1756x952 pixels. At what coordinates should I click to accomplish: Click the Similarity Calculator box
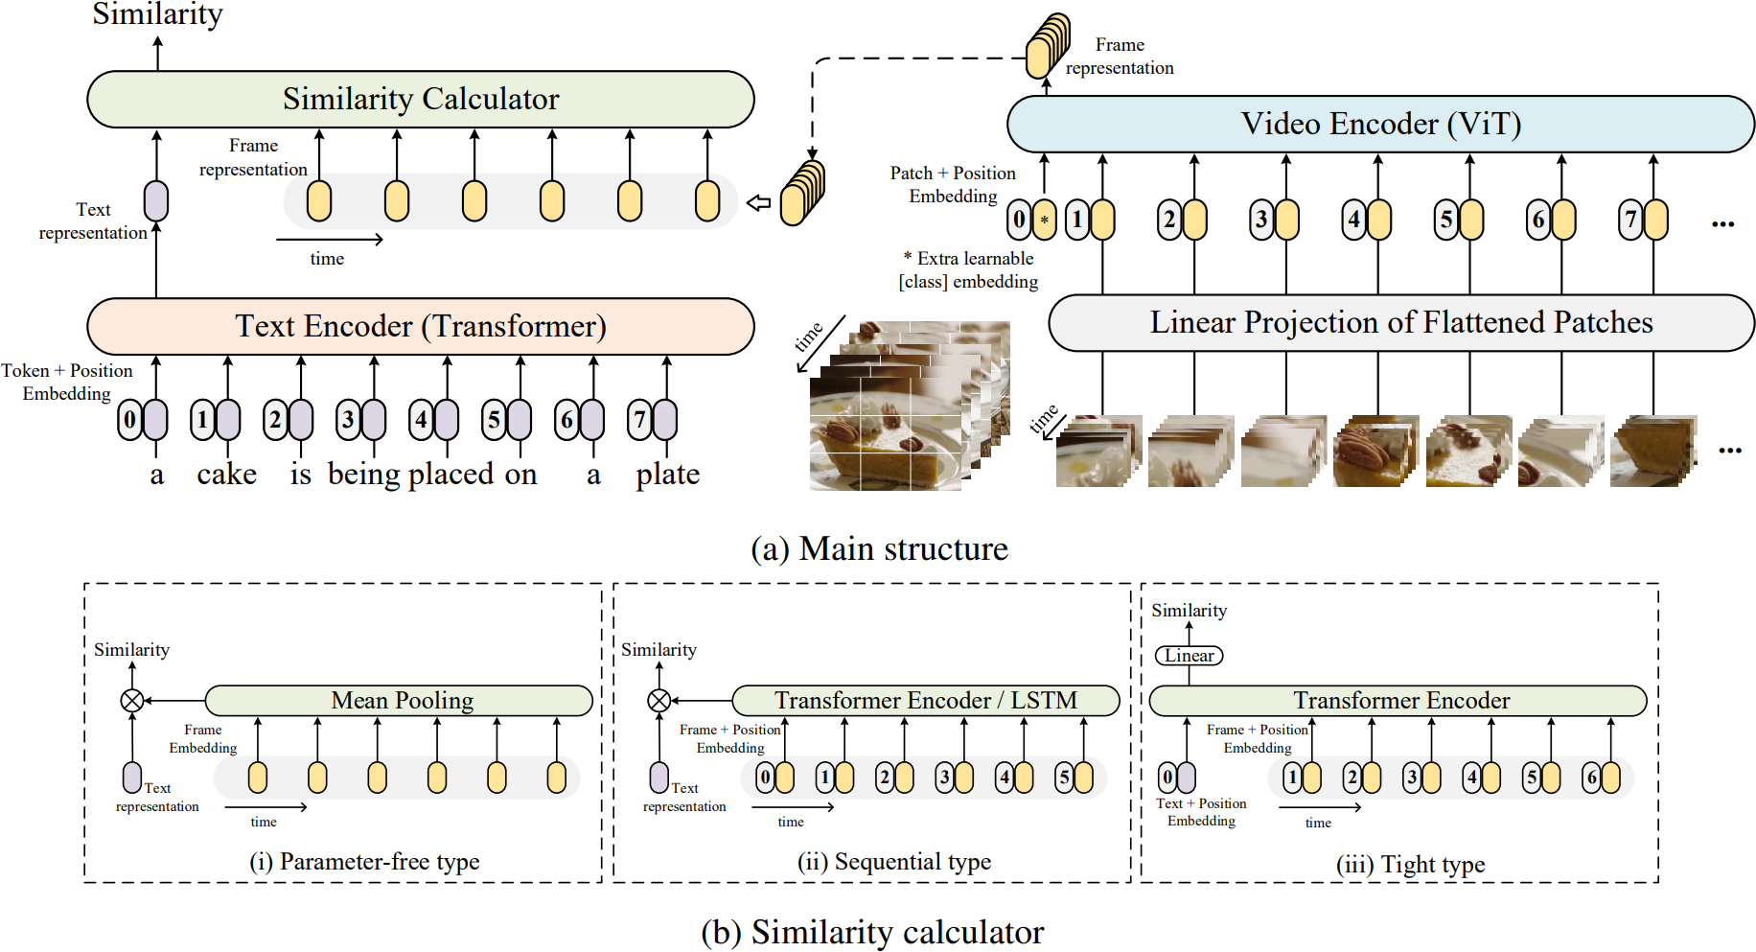(421, 99)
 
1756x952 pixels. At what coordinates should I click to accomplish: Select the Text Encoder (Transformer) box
(421, 326)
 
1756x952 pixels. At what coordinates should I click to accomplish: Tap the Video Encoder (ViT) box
(1380, 124)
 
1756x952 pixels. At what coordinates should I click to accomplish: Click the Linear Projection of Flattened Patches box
(1401, 323)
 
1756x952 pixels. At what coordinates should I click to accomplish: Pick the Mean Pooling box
(400, 701)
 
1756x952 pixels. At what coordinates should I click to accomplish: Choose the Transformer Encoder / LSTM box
(926, 701)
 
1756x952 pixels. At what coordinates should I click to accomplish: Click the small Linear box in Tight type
(1190, 656)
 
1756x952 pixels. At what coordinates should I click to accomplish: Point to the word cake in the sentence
(227, 475)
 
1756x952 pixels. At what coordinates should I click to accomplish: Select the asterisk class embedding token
(1045, 220)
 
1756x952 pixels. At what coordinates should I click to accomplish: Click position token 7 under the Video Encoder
(1631, 220)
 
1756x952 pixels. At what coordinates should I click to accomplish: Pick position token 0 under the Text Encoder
(130, 420)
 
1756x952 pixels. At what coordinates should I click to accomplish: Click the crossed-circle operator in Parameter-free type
(132, 701)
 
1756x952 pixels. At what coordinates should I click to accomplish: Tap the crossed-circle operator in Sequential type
(659, 701)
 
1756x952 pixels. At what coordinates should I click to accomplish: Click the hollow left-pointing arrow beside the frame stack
(758, 203)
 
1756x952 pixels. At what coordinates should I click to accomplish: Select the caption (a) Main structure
(879, 548)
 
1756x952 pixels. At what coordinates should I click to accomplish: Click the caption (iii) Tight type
(1411, 865)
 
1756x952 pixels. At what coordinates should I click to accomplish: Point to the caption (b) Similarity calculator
(872, 932)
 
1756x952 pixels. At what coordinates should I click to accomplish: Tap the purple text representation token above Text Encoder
(156, 201)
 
